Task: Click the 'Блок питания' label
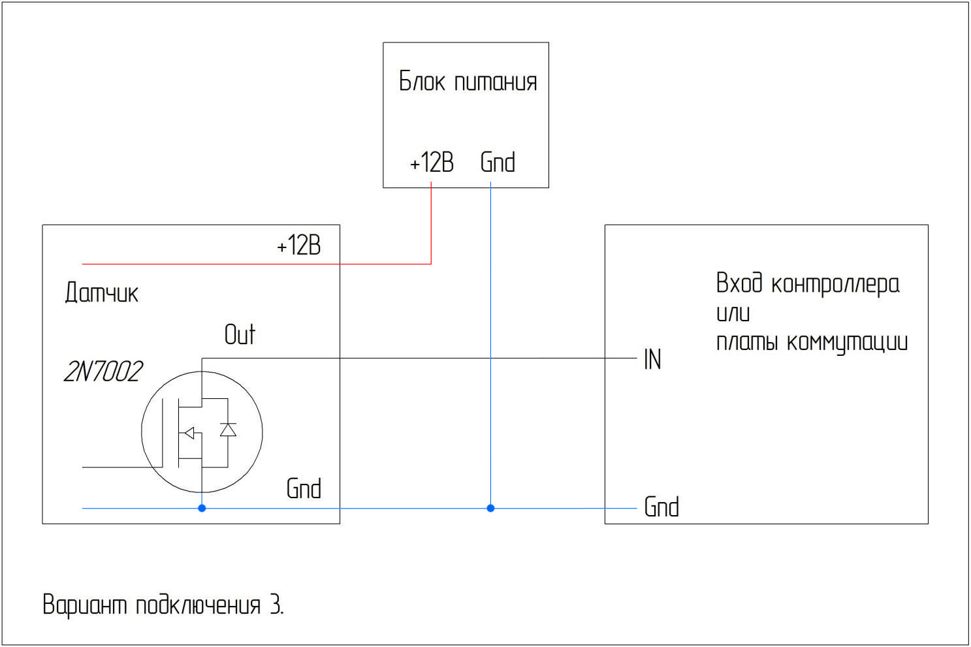pyautogui.click(x=468, y=82)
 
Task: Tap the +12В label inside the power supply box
pyautogui.click(x=431, y=163)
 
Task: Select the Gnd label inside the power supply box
pyautogui.click(x=498, y=163)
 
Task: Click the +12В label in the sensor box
pyautogui.click(x=298, y=245)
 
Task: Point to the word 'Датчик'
pyautogui.click(x=101, y=292)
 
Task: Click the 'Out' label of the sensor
pyautogui.click(x=240, y=334)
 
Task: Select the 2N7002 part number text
pyautogui.click(x=103, y=371)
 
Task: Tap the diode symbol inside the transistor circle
pyautogui.click(x=228, y=430)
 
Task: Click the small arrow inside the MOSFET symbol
pyautogui.click(x=189, y=432)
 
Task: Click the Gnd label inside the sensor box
pyautogui.click(x=304, y=488)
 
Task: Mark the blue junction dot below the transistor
pyautogui.click(x=202, y=508)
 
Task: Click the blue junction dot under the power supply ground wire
pyautogui.click(x=490, y=508)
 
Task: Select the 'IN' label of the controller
pyautogui.click(x=652, y=359)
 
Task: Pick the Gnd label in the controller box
pyautogui.click(x=661, y=507)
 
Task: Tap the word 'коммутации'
pyautogui.click(x=847, y=342)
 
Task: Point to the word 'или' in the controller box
pyautogui.click(x=733, y=313)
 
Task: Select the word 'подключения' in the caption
pyautogui.click(x=198, y=605)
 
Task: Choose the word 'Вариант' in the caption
pyautogui.click(x=84, y=605)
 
